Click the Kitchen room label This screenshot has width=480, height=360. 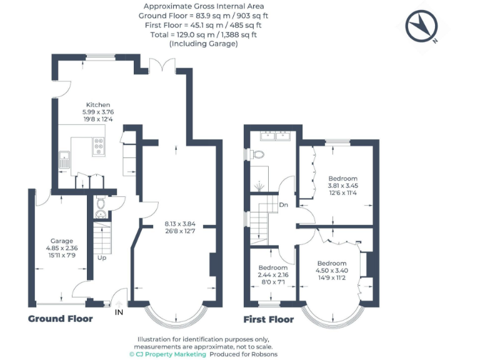click(98, 104)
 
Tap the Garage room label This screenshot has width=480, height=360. click(62, 241)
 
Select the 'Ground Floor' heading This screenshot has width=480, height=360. click(60, 319)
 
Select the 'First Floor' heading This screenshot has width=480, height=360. click(269, 319)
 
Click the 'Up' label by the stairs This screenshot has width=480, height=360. click(101, 257)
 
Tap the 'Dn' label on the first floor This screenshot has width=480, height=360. click(284, 204)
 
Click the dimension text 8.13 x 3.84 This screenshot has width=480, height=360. click(180, 223)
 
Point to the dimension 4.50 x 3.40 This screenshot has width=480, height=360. click(331, 271)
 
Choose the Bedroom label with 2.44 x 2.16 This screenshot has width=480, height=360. click(272, 267)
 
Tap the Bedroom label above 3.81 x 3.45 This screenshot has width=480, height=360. click(342, 178)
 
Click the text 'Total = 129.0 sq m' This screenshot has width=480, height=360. click(204, 35)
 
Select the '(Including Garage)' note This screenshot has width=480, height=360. click(204, 44)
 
